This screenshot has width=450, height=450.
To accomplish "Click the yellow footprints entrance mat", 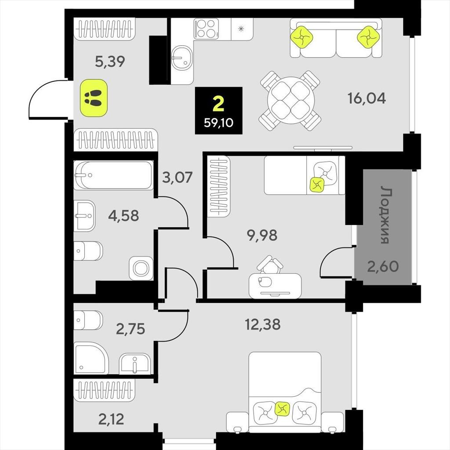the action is click(94, 98).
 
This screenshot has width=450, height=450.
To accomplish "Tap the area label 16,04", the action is click(367, 98).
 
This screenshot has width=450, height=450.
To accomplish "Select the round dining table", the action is click(290, 101).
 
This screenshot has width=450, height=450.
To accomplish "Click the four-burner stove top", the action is click(206, 29).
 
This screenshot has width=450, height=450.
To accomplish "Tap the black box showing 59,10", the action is click(219, 110).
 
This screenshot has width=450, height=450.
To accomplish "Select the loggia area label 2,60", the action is click(383, 266).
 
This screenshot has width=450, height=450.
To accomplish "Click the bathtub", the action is click(113, 175).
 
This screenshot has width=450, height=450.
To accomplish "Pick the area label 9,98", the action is click(262, 236).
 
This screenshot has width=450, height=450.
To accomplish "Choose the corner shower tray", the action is click(91, 358).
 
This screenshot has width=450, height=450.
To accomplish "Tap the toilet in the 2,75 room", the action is click(88, 320).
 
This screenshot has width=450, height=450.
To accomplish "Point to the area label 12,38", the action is click(263, 325).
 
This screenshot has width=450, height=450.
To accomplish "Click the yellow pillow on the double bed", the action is click(283, 408).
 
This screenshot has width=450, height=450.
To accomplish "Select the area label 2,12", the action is click(111, 419).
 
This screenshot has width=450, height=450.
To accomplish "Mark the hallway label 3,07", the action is click(177, 178).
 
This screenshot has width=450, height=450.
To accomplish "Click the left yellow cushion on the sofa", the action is click(301, 37).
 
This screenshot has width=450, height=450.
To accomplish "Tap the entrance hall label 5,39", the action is click(110, 62).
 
